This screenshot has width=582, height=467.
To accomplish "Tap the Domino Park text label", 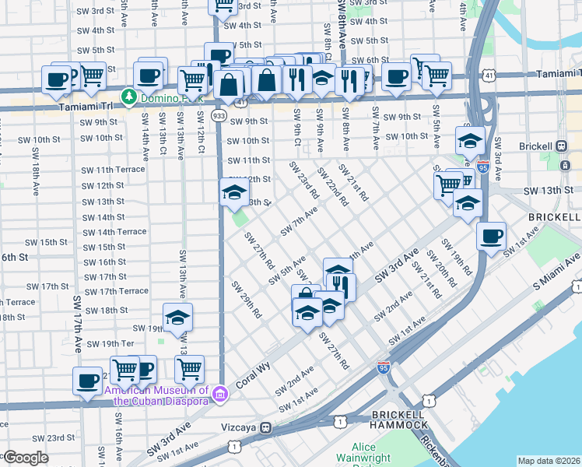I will [171, 99].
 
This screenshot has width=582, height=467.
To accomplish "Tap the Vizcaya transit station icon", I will [266, 427].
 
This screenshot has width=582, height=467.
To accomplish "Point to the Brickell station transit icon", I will [562, 146].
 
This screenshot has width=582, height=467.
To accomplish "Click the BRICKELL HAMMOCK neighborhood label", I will [398, 420].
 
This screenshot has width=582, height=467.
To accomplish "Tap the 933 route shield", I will [219, 115].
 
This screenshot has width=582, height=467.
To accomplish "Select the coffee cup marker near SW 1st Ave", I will [490, 236].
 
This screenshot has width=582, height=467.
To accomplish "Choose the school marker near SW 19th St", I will [177, 318].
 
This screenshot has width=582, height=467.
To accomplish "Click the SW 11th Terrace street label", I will [114, 170].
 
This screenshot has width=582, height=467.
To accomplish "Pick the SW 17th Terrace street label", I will [115, 291].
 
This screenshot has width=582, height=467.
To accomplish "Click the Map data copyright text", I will [549, 461].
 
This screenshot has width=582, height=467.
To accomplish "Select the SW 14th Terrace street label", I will [114, 232].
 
